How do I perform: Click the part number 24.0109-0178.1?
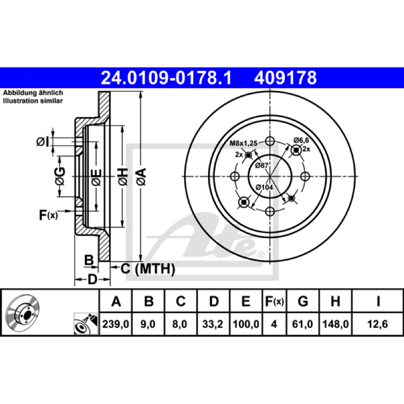(166, 78)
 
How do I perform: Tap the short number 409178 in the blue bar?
(285, 78)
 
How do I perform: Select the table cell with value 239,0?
(116, 324)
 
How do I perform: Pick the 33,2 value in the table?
(213, 324)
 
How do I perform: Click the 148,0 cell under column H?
(335, 324)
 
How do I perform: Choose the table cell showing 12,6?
(377, 324)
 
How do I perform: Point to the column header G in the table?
(303, 301)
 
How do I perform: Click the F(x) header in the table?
(274, 301)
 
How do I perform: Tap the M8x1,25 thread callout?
(243, 143)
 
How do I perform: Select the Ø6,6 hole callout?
(301, 140)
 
